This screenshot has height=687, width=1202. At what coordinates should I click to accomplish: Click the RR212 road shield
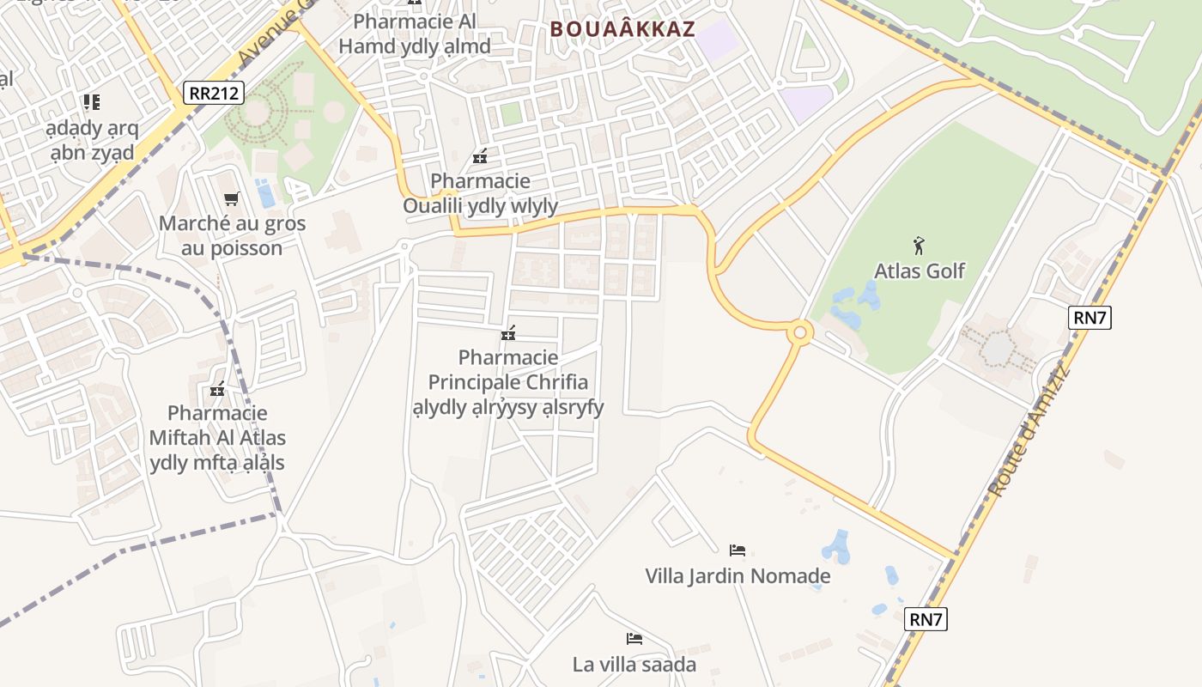click(x=214, y=93)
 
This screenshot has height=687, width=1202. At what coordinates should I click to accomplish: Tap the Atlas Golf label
click(x=920, y=271)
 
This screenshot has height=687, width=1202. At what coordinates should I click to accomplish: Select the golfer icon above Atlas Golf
click(x=920, y=246)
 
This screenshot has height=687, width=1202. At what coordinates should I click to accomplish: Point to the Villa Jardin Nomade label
click(x=738, y=575)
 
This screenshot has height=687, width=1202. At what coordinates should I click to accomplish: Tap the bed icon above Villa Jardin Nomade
click(x=738, y=550)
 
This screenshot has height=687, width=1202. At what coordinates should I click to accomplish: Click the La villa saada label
click(x=634, y=664)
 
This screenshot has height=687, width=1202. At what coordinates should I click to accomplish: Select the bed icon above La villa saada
click(x=634, y=638)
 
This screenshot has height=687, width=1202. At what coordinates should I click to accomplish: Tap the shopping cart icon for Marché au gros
click(x=231, y=199)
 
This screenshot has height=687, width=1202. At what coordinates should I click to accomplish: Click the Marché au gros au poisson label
click(x=232, y=236)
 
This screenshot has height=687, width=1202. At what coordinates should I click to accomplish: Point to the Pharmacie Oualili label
click(x=481, y=194)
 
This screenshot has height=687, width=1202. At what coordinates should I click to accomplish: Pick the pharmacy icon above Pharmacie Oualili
click(x=480, y=156)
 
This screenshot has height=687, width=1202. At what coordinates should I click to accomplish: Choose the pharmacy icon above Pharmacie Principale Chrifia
click(x=508, y=332)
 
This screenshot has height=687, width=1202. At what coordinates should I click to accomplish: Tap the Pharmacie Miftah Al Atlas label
click(x=217, y=438)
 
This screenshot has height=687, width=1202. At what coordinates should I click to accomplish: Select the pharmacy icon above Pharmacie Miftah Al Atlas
click(x=217, y=389)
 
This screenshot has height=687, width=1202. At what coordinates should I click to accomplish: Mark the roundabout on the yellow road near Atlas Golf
click(x=800, y=331)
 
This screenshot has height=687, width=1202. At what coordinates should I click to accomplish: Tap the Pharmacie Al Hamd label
click(x=415, y=33)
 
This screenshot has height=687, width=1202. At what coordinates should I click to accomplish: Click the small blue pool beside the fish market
click(x=266, y=194)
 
